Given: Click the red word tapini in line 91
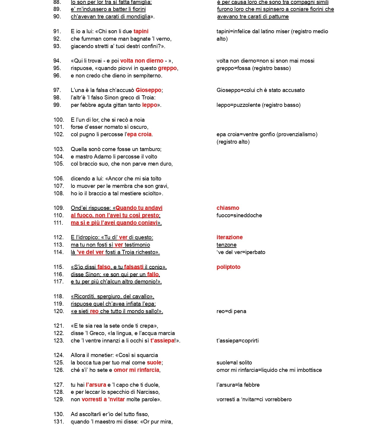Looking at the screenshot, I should click(141, 31).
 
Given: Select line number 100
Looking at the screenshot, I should click(59, 120).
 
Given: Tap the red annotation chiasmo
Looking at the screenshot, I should click(228, 208).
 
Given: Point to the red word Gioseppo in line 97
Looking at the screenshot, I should click(148, 90).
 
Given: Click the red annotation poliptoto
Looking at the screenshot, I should click(228, 267).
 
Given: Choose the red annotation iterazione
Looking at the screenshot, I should click(229, 237).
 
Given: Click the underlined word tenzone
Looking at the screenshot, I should click(226, 245).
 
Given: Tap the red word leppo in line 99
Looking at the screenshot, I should click(150, 105).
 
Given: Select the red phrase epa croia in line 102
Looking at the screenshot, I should click(139, 134).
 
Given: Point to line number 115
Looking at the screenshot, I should click(59, 267).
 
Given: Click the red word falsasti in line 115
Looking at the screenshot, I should click(134, 267).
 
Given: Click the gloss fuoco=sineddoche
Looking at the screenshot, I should click(239, 215).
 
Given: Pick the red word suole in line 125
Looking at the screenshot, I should click(154, 362).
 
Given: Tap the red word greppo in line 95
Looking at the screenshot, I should click(167, 68).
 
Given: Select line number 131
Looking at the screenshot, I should click(59, 421).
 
